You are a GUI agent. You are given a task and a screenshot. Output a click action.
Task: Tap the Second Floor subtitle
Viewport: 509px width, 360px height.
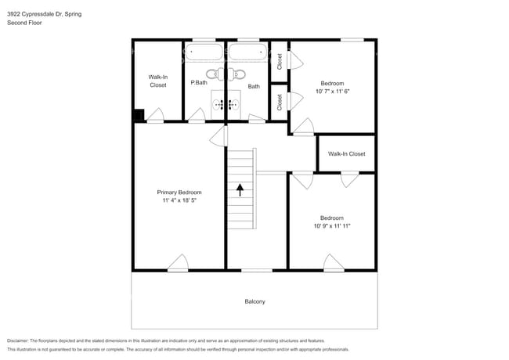24,23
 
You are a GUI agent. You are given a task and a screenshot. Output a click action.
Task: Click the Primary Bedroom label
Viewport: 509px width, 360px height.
179,193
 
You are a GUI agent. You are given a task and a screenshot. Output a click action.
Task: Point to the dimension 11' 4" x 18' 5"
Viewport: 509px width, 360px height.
179,201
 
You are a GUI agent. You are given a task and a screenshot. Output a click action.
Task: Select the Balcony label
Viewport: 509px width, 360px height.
254,301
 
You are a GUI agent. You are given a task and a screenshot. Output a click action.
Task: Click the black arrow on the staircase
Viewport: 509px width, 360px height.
240,189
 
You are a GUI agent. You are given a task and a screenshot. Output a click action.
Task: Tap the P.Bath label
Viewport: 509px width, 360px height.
198,82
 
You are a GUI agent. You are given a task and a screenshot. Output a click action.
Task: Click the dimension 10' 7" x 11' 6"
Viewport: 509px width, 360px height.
332,92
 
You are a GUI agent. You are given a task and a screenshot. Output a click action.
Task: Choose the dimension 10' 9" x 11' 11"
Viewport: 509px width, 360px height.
331,226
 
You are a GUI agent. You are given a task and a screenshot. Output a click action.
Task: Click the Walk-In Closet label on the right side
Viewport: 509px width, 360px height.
346,154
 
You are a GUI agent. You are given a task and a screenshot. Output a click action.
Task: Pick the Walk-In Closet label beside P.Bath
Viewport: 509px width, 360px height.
158,81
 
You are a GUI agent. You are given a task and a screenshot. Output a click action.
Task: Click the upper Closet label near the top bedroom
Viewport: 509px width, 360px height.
280,61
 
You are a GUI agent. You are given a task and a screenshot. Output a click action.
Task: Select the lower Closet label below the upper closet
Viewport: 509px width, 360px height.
280,102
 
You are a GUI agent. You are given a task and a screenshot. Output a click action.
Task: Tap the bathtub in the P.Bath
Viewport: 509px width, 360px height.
204,53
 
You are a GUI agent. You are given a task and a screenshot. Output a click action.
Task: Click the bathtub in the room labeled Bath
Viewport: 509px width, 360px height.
248,53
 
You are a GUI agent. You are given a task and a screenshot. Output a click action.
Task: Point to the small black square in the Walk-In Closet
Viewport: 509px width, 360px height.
139,115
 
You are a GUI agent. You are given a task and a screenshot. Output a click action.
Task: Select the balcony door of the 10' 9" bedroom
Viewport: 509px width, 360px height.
334,263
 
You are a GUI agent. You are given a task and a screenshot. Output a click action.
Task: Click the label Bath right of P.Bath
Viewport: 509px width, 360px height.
254,87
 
